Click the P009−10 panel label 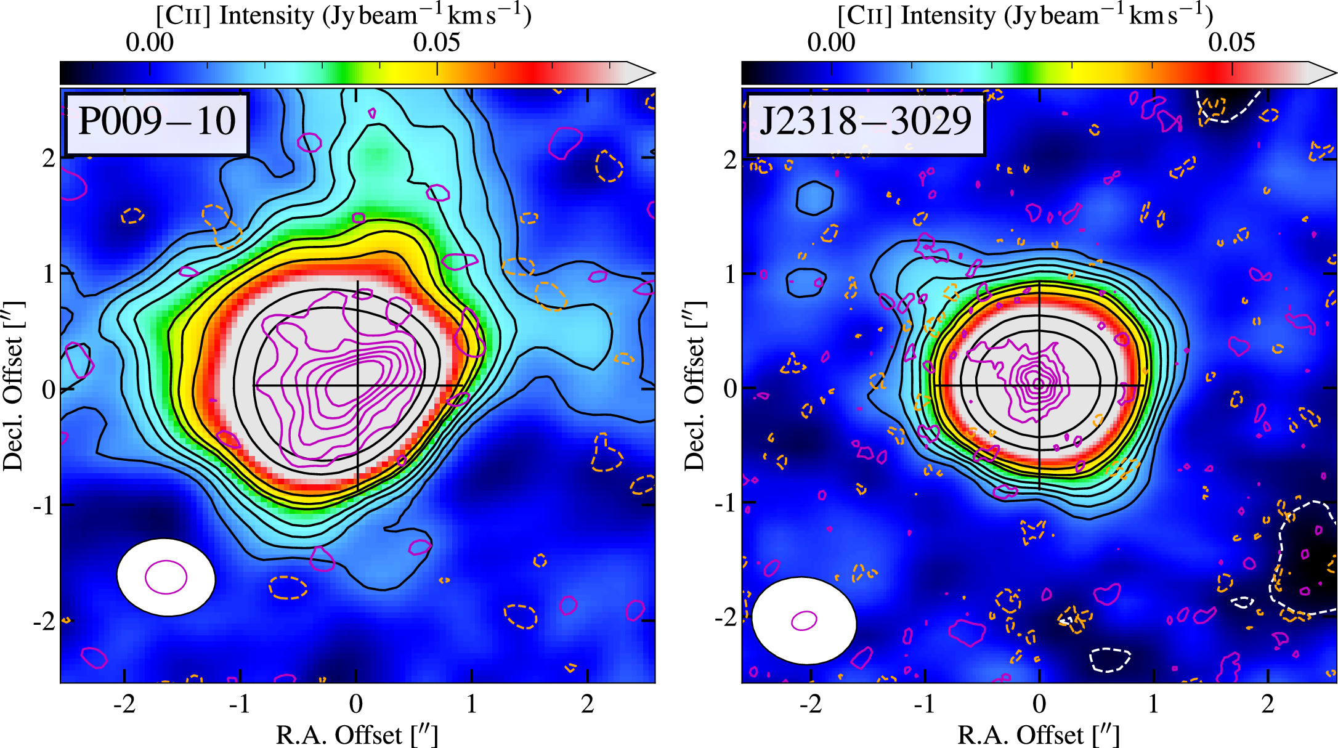coord(156,122)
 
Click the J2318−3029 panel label coord(865,122)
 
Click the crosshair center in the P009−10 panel coord(357,386)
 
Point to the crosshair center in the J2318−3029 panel coord(1039,386)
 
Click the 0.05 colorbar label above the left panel coord(436,43)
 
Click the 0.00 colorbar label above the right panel coord(831,43)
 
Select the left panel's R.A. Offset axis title coord(357,734)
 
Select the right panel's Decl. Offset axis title coord(694,386)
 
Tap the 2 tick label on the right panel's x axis coord(1268,704)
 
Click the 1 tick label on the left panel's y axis coord(48,274)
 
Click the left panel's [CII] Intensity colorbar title coord(343,15)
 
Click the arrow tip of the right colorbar coord(1334,73)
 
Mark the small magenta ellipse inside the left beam coord(166,577)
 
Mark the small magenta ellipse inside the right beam coord(804,620)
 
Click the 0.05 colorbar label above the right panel coord(1231,43)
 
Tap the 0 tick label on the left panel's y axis coord(48,389)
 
